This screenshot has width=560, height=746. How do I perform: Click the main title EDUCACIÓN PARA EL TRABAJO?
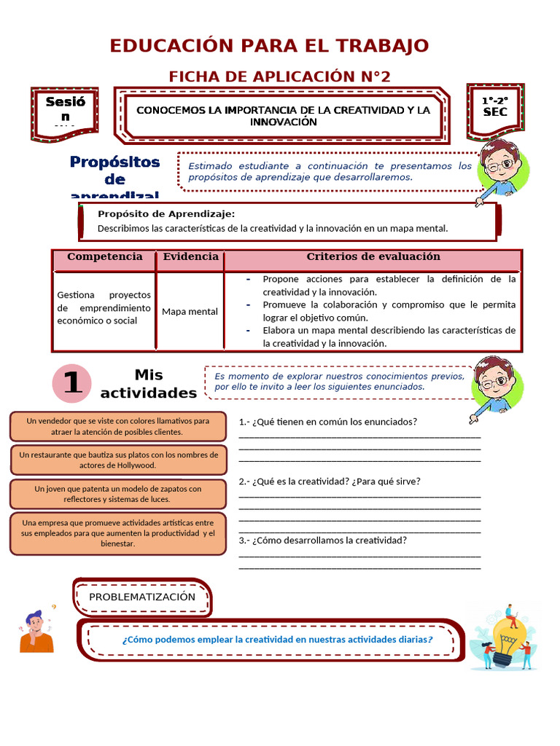pyautogui.click(x=269, y=46)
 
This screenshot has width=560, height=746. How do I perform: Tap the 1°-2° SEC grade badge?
pyautogui.click(x=495, y=106)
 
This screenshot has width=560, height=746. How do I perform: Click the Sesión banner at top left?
pyautogui.click(x=65, y=110)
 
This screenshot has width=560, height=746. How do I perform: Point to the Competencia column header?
pyautogui.click(x=104, y=257)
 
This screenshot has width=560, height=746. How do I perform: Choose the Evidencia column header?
pyautogui.click(x=190, y=257)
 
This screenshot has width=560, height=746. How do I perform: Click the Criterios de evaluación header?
pyautogui.click(x=373, y=257)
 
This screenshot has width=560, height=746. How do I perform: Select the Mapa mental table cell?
pyautogui.click(x=190, y=311)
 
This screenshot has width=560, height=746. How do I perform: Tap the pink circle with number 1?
pyautogui.click(x=72, y=383)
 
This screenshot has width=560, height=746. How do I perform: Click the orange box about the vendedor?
pyautogui.click(x=117, y=426)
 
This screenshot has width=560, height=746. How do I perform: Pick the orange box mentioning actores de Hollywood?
pyautogui.click(x=117, y=460)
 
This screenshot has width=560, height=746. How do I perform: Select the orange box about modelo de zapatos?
pyautogui.click(x=117, y=494)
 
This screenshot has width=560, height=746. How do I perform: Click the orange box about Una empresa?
pyautogui.click(x=117, y=533)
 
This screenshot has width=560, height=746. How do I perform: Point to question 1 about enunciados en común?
pyautogui.click(x=328, y=422)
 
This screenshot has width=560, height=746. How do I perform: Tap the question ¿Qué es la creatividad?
pyautogui.click(x=330, y=482)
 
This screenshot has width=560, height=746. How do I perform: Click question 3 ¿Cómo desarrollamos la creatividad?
pyautogui.click(x=323, y=541)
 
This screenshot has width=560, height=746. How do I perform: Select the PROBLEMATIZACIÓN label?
pyautogui.click(x=142, y=597)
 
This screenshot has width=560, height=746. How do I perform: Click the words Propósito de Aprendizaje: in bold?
pyautogui.click(x=166, y=213)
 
